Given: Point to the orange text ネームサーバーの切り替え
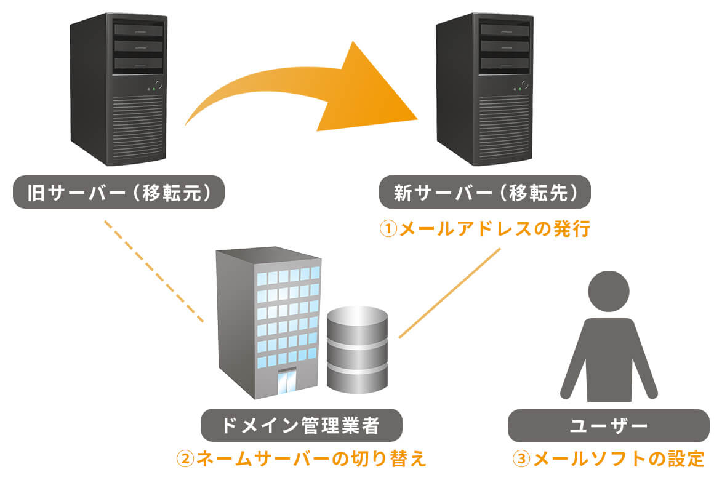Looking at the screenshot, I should (311, 459).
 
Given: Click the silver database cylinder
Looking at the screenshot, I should (357, 351).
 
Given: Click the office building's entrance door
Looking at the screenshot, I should (286, 382).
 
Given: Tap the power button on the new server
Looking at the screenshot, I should (525, 84).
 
